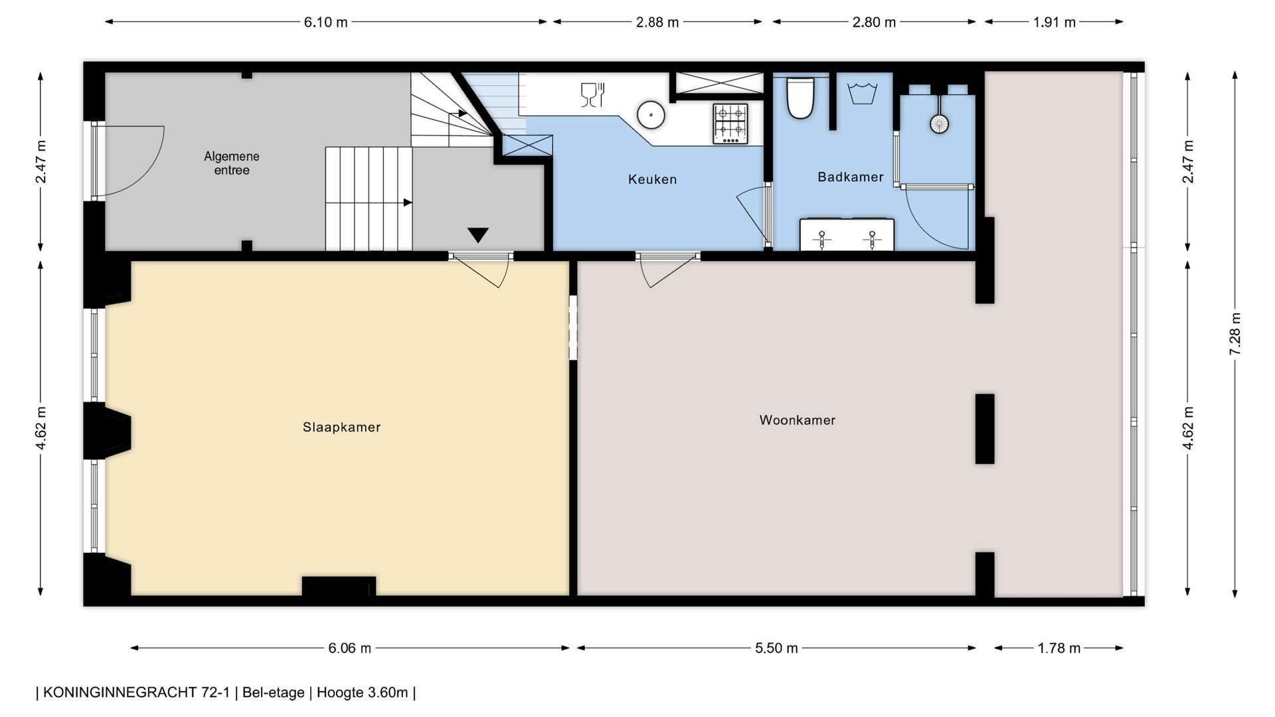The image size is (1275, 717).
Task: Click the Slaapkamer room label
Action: click(341, 427)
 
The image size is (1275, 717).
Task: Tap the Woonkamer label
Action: click(798, 420)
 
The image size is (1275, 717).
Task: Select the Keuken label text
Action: click(652, 179)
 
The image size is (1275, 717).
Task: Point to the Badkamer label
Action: click(851, 177)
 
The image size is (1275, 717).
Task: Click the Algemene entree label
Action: click(232, 163)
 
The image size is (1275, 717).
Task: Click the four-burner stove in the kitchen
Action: click(730, 123)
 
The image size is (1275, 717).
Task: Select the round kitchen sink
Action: click(651, 115)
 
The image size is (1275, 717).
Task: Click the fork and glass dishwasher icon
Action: click(592, 95)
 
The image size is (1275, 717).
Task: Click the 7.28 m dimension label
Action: click(1235, 334)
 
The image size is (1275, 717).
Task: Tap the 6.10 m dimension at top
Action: click(326, 22)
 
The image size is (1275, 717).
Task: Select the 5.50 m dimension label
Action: click(776, 648)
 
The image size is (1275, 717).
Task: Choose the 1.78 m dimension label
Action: click(1059, 648)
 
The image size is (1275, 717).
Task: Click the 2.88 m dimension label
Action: click(657, 22)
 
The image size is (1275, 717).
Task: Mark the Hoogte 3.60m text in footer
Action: click(362, 692)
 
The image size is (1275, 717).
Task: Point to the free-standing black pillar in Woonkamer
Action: click(985, 429)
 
